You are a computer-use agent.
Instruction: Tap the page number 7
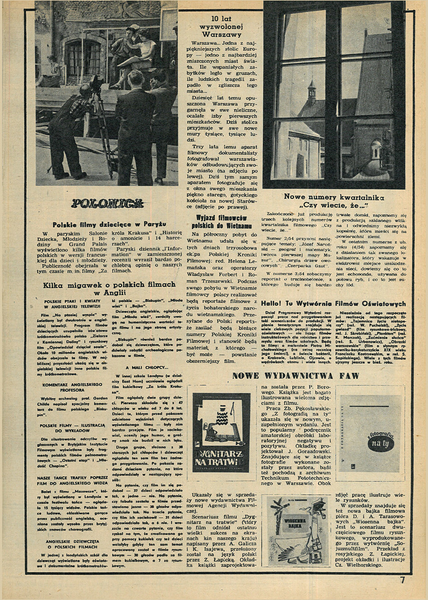tap(402, 580)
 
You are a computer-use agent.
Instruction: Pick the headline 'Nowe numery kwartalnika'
tap(334, 197)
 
